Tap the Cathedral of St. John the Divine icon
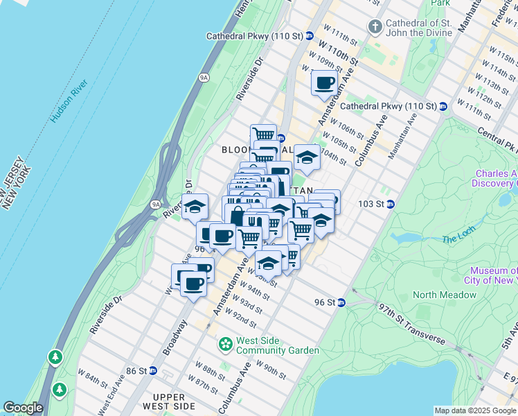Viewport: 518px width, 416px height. [x=375, y=27]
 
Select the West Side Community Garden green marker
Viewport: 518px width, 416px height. [x=226, y=344]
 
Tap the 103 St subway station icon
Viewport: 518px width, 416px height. [x=391, y=204]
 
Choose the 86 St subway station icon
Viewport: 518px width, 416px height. [x=153, y=371]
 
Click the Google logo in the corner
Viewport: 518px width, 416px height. [x=24, y=408]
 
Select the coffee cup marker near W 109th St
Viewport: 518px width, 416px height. [x=324, y=84]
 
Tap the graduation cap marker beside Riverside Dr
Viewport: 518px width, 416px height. [x=195, y=207]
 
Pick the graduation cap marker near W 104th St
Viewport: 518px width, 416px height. [x=306, y=157]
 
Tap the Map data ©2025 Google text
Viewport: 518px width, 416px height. [x=475, y=410]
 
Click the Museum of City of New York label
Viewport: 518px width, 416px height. [x=493, y=275]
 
